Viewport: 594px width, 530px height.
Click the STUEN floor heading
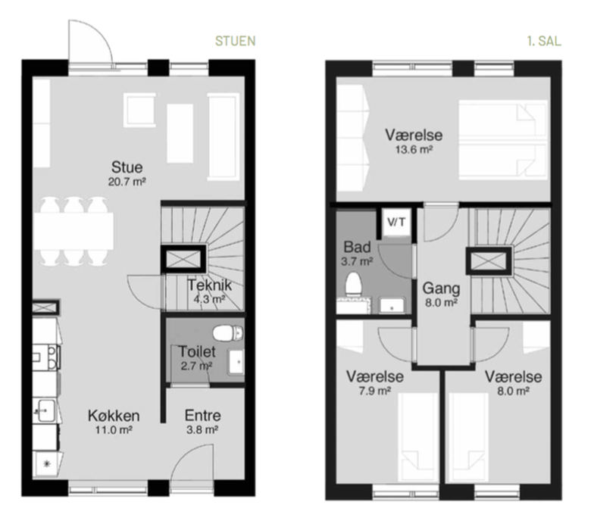[x=235, y=41]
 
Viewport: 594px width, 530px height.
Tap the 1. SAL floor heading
[x=544, y=41]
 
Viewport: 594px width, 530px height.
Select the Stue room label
[x=127, y=167]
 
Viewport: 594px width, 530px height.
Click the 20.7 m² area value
[x=127, y=182]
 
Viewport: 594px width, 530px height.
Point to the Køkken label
[x=114, y=416]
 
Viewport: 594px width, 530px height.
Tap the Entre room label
[x=203, y=416]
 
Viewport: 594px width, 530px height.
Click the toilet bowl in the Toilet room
[x=227, y=333]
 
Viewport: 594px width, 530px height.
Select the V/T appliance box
[x=396, y=223]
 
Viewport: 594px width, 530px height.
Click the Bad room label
[x=358, y=247]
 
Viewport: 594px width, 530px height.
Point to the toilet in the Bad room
[x=353, y=284]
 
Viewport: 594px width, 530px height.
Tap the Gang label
[x=441, y=288]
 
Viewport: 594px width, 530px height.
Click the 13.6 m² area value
[x=414, y=150]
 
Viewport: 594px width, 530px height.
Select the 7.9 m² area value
[x=375, y=391]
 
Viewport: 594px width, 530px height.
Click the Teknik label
[x=209, y=285]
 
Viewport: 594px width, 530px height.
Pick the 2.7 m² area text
[x=196, y=366]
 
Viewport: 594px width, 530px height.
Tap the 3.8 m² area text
[x=202, y=430]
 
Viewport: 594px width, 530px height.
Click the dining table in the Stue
[x=73, y=231]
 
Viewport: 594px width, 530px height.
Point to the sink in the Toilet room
[x=236, y=362]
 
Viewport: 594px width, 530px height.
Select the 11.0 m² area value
[x=114, y=430]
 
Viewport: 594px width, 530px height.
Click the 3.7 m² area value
[x=357, y=261]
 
